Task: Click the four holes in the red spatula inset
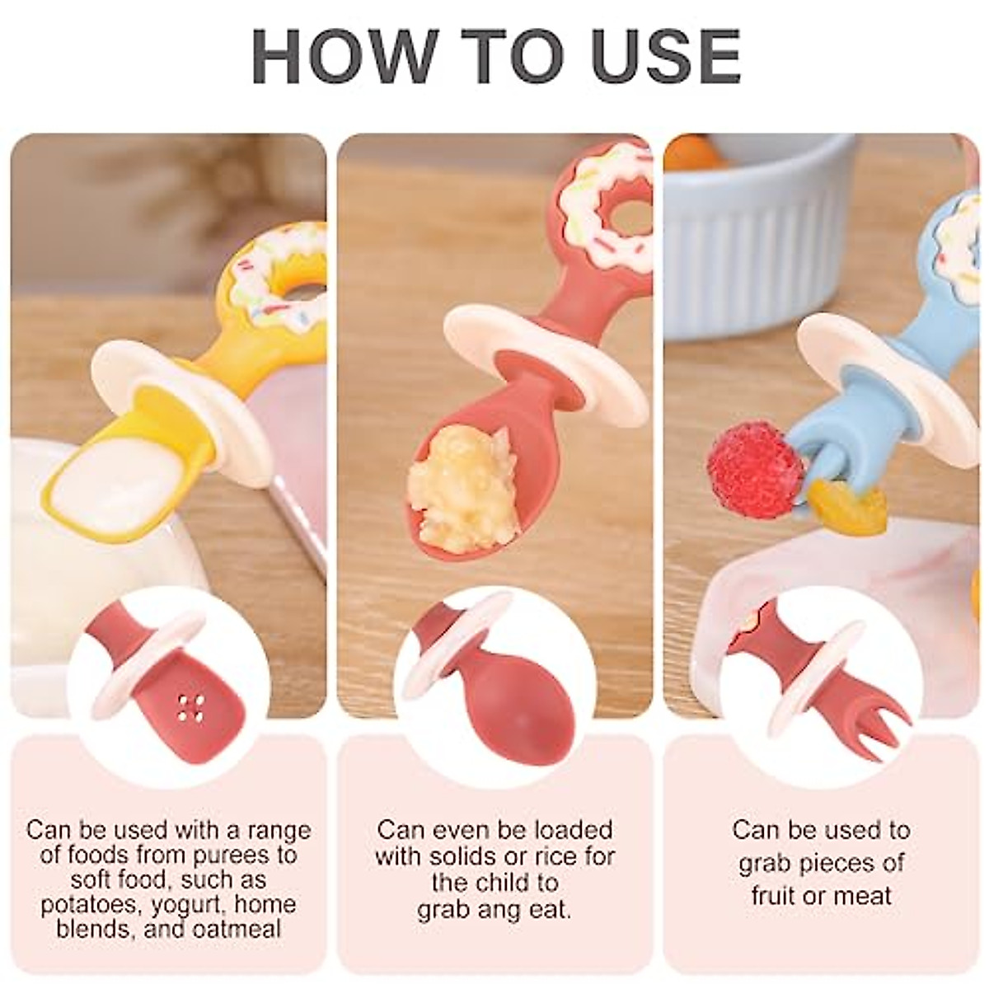[190, 706]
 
